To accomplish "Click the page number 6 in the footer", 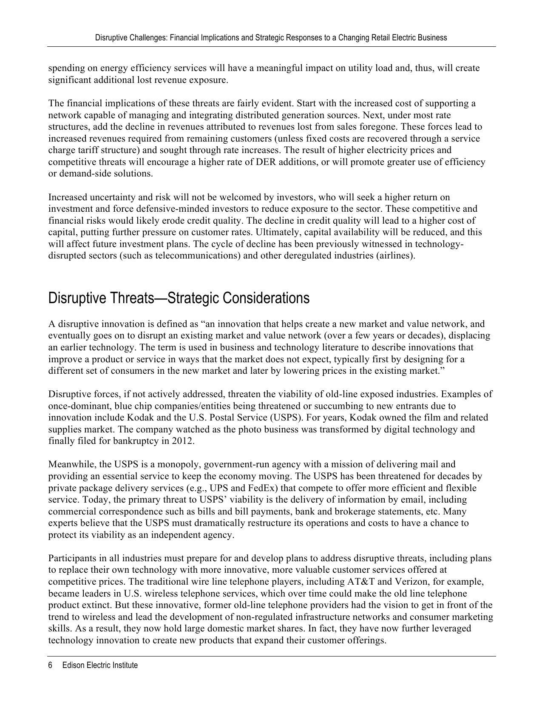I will pos(50,665).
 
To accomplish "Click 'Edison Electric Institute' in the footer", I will pos(100,665).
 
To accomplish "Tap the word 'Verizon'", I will pos(411,582).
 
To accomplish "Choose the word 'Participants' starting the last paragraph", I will pos(72,558).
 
